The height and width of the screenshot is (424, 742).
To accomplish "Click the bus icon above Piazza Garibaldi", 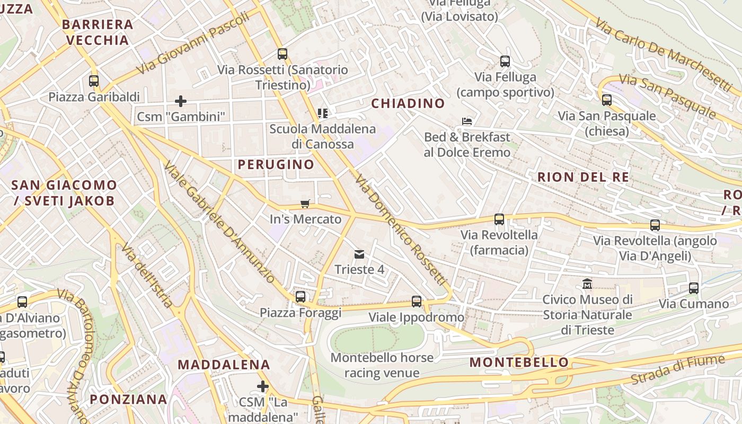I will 94,81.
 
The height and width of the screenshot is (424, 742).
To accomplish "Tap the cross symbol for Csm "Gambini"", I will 181,101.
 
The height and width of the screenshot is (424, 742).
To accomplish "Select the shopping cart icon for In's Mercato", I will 305,204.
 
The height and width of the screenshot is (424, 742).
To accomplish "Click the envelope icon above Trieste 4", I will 359,254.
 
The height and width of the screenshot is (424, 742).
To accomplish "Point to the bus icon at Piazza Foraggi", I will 301,297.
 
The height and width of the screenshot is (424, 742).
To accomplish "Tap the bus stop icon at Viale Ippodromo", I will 417,302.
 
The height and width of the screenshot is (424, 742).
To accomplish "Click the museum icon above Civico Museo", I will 587,284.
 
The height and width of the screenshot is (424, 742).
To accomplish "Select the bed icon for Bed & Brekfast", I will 467,121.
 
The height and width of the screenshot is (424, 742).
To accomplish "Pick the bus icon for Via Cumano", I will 693,288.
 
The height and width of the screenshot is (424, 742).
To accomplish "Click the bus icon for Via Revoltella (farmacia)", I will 499,219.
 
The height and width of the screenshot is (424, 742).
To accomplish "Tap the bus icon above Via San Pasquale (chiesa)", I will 607,100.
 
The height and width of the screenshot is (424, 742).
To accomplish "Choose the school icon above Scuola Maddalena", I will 322,113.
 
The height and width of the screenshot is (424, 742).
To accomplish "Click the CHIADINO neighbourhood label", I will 408,103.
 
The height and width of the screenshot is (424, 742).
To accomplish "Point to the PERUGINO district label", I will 276,164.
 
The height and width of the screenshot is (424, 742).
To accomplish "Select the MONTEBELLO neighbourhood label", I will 519,363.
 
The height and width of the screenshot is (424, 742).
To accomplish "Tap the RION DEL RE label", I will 583,177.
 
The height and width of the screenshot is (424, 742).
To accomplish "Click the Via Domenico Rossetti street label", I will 401,229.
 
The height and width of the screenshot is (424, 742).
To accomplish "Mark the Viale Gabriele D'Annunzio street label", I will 219,222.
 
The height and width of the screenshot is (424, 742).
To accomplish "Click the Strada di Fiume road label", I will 677,370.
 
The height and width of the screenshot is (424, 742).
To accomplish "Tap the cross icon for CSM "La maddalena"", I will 262,386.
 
